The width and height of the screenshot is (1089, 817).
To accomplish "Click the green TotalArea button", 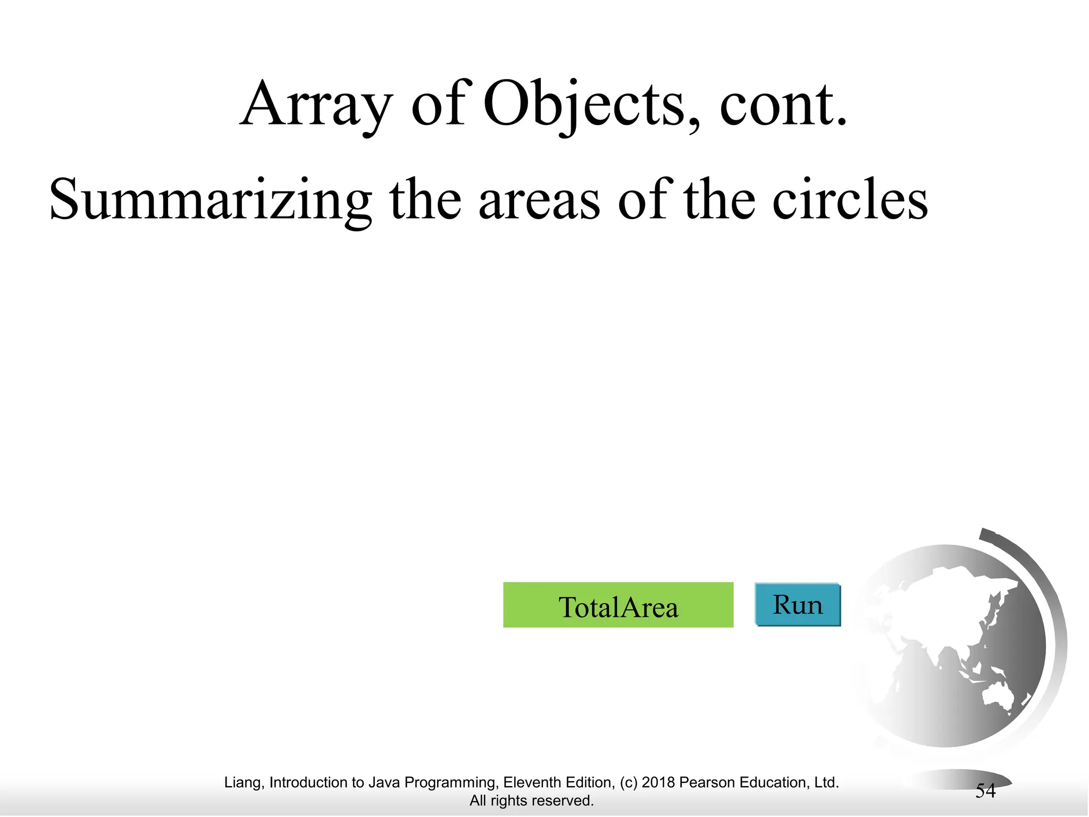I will pos(618,605).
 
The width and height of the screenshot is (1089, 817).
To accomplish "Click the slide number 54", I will pos(985,791).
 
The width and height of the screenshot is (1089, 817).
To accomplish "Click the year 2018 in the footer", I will pos(658,782).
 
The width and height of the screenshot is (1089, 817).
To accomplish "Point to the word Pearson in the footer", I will pos(707,782).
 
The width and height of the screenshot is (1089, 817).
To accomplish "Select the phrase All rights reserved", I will pos(532,801).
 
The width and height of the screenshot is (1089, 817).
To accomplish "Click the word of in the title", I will pos(438,105).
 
